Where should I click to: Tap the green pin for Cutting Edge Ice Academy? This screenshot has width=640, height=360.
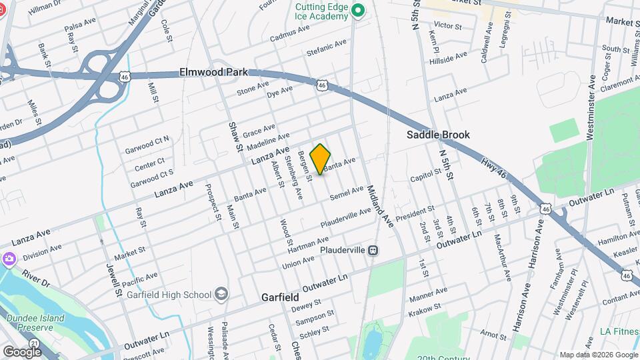pos(358,10)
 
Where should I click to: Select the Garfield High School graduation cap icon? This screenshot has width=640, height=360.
pos(221,294)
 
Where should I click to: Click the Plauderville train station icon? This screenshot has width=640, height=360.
pos(373,250)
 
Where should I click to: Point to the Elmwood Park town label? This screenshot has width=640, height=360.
pos(213,72)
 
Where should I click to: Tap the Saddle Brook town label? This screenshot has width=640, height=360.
pos(439,135)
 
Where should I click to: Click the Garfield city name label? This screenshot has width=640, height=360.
pos(279,297)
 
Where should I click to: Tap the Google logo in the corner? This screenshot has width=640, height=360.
pos(22,351)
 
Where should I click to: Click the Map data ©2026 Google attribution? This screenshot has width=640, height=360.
pos(598,355)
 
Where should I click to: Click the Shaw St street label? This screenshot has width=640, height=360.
pos(233,137)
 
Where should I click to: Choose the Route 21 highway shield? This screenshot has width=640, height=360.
pos(33,342)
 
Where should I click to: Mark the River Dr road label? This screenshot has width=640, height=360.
pos(36,279)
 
